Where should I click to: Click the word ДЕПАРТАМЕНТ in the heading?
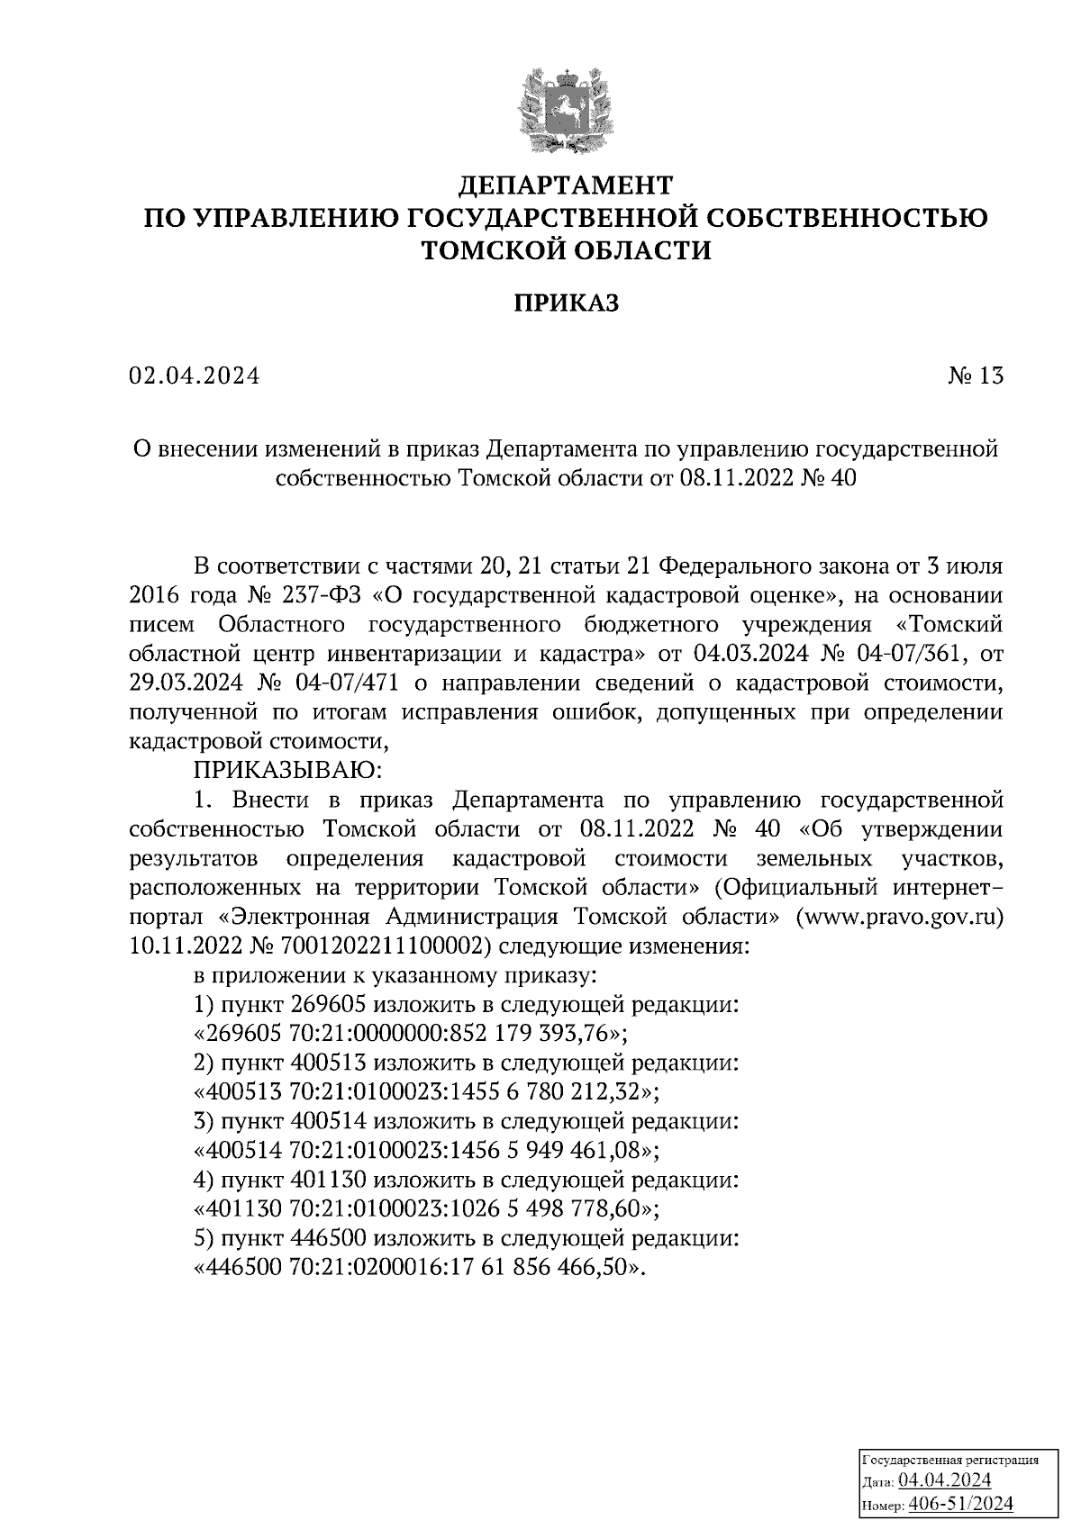pyautogui.click(x=566, y=185)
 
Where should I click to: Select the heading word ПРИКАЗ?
pyautogui.click(x=566, y=303)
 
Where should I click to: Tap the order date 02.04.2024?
pyautogui.click(x=194, y=376)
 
